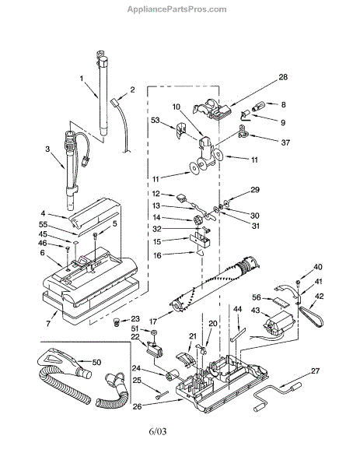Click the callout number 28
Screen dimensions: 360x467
[x=283, y=77]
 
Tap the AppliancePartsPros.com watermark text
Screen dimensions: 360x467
[x=177, y=9]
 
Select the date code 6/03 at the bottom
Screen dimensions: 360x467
[x=157, y=431]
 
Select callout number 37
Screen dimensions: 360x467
[x=285, y=142]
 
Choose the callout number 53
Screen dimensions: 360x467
[x=163, y=121]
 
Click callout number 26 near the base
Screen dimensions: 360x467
[x=137, y=406]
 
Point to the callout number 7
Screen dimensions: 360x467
[x=48, y=324]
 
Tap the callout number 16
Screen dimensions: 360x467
[x=157, y=255]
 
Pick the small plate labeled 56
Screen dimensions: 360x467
[x=281, y=301]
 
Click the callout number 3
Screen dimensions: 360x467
[x=47, y=149]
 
